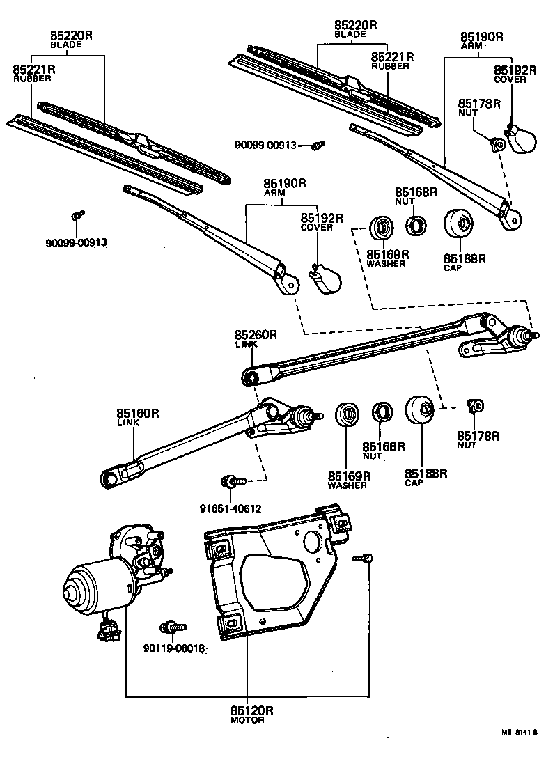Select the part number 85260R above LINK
click(x=256, y=335)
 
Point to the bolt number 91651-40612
click(x=229, y=508)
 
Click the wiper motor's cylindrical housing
click(x=91, y=585)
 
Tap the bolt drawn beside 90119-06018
click(x=170, y=627)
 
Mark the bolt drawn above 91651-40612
click(x=231, y=481)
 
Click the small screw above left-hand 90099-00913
click(x=77, y=215)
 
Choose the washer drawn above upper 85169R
click(x=380, y=226)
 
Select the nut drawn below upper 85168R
click(x=416, y=225)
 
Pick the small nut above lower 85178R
click(x=476, y=405)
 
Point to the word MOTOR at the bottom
click(x=247, y=720)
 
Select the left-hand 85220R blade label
click(x=67, y=35)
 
